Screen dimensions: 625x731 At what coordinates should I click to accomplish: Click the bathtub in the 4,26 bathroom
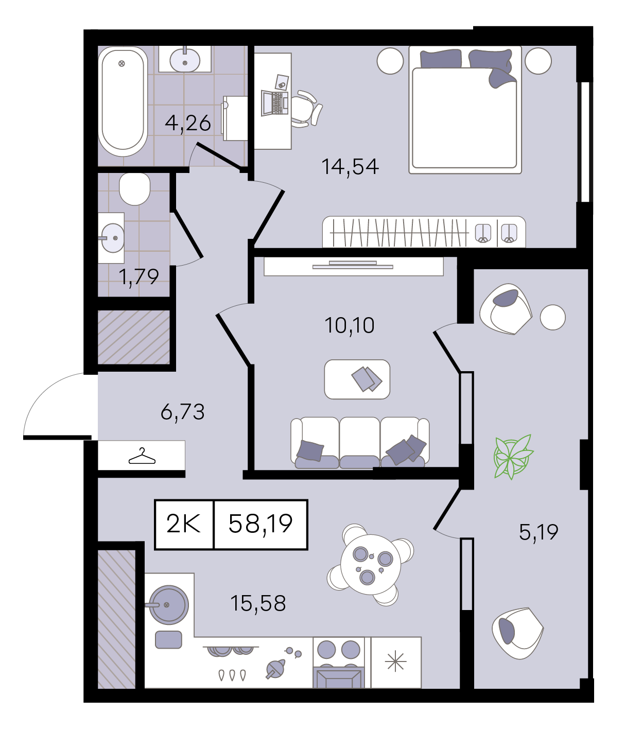(x=123, y=101)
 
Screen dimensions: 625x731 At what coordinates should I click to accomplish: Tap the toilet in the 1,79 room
(x=135, y=188)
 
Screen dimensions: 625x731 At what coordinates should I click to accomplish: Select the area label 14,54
(x=350, y=167)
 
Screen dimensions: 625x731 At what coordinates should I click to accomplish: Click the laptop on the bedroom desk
(x=274, y=103)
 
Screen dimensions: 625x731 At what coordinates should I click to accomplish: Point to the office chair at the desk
(x=305, y=109)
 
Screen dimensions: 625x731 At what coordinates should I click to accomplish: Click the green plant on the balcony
(x=513, y=456)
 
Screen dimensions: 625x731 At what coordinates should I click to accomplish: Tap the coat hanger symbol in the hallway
(x=142, y=456)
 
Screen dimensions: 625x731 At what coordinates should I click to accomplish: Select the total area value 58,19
(x=261, y=524)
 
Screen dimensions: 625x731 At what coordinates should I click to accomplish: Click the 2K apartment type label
(x=184, y=524)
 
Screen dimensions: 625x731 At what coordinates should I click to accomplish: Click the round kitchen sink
(x=169, y=605)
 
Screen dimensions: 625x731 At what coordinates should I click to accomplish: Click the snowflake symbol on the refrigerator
(x=395, y=662)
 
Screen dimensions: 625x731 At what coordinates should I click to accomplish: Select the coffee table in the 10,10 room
(x=357, y=379)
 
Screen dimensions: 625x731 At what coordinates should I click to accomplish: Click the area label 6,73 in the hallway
(x=183, y=412)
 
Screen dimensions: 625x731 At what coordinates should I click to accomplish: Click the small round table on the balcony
(x=552, y=317)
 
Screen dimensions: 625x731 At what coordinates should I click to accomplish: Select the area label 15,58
(x=258, y=603)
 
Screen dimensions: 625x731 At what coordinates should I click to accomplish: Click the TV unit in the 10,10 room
(x=353, y=266)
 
